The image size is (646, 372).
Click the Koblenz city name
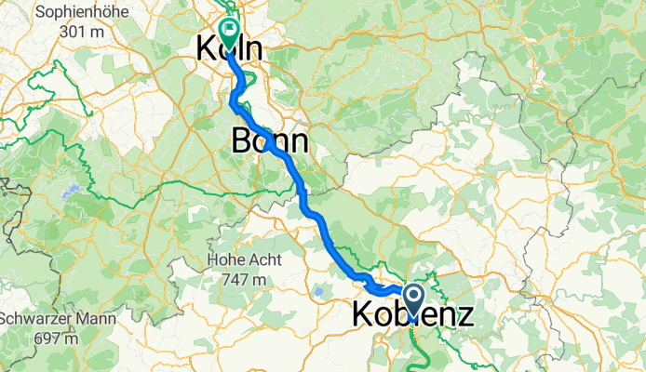(x=412, y=315)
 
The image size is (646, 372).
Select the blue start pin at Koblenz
(x=412, y=297)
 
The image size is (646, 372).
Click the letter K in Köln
(x=207, y=50)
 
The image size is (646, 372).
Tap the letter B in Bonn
(x=239, y=141)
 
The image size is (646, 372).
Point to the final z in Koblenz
(x=464, y=315)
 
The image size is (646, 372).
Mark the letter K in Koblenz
(x=363, y=315)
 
